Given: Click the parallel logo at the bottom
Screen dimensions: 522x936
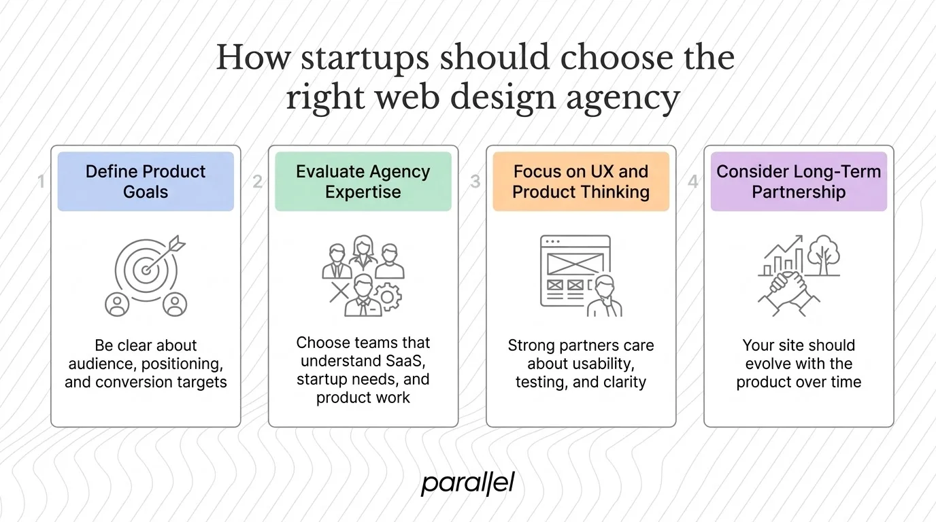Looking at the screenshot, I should (x=467, y=483).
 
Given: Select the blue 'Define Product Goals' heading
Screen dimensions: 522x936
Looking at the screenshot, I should (x=146, y=181).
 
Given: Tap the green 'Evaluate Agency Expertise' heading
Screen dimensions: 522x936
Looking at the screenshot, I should (x=363, y=181).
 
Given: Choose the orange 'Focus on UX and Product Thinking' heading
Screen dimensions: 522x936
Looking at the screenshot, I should (x=580, y=181).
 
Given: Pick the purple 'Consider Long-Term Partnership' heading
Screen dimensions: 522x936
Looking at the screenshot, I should (x=799, y=181).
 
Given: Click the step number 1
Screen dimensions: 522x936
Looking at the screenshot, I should (x=41, y=181).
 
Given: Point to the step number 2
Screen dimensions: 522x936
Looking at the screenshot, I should (x=258, y=181).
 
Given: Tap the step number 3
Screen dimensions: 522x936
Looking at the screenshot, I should (x=475, y=181).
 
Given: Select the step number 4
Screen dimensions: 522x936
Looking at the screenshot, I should (x=693, y=181).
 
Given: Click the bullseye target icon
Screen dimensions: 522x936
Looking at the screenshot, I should (x=146, y=269).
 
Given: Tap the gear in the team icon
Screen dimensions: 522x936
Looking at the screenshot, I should (x=388, y=297).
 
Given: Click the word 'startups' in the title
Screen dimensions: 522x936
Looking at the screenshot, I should (x=365, y=58).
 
